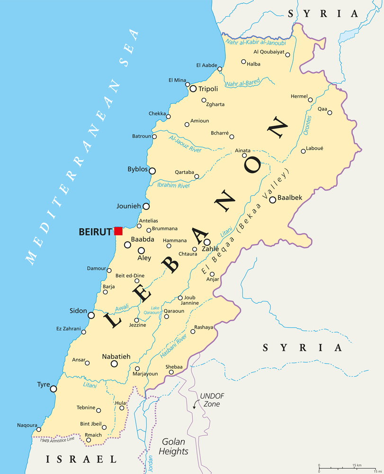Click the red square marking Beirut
(x=118, y=231)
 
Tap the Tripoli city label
(x=208, y=89)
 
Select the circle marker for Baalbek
(x=273, y=200)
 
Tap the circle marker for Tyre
(x=54, y=389)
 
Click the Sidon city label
(x=78, y=311)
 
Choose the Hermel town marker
(x=311, y=100)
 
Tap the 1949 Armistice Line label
(x=57, y=440)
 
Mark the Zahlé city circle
(x=207, y=242)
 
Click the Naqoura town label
(x=27, y=425)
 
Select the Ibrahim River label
(x=173, y=185)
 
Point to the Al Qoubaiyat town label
(x=269, y=52)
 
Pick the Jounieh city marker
(x=146, y=206)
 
